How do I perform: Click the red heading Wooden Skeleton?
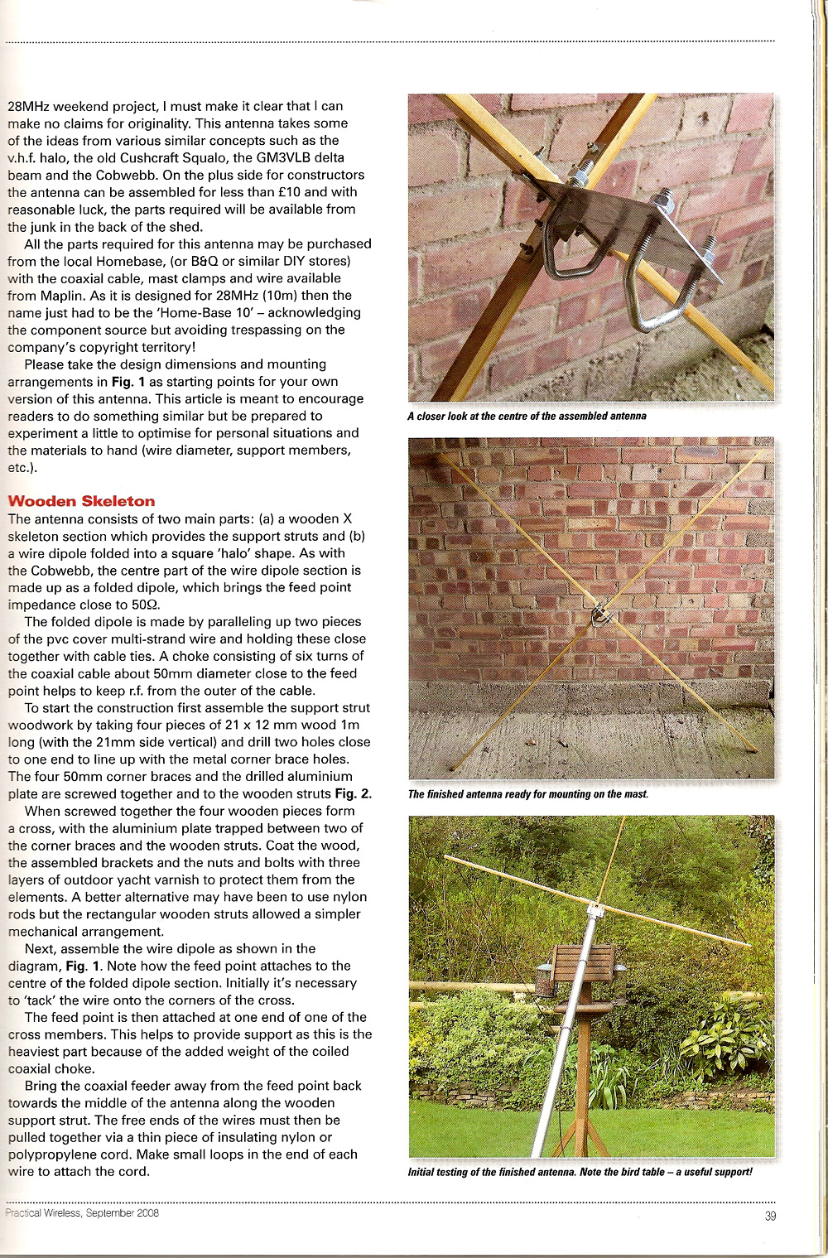(81, 501)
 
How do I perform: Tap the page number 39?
(770, 1217)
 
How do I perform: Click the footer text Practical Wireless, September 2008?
(82, 1212)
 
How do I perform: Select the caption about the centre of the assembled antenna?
(527, 416)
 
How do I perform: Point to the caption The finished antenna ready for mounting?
(528, 794)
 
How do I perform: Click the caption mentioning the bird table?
(580, 1172)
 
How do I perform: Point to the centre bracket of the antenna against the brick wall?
(602, 615)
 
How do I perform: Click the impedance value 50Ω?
(145, 605)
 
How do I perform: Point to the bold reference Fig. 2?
(353, 794)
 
